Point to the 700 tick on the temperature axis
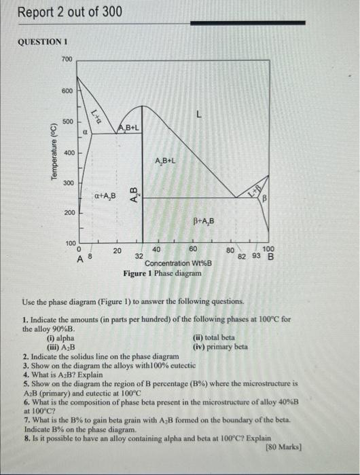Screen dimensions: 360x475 [67, 60]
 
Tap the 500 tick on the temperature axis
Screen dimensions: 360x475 [67, 121]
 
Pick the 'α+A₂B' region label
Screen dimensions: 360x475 [105, 197]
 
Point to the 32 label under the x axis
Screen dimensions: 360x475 [139, 257]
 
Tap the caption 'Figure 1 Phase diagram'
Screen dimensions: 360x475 [162, 273]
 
